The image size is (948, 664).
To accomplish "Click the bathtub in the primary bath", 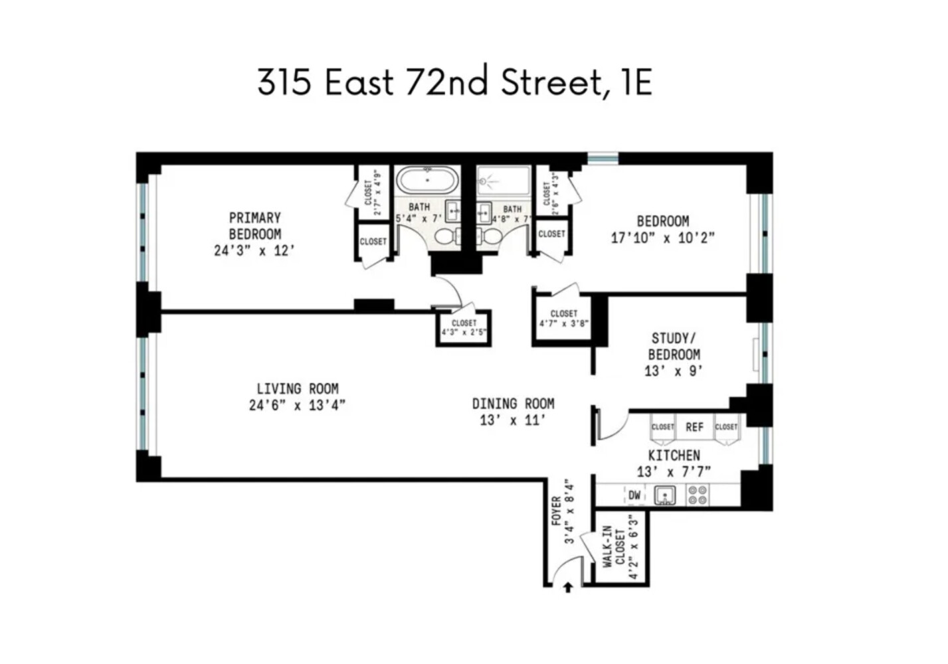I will [427, 180].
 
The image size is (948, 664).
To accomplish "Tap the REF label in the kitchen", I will [694, 427].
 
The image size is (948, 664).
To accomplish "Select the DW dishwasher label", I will [634, 495].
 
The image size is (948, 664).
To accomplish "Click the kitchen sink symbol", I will [665, 495].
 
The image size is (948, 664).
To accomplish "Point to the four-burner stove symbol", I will [697, 495].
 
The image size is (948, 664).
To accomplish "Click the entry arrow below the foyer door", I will [568, 587].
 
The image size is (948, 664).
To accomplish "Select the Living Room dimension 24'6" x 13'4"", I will [297, 405].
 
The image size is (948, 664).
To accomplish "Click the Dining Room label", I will [513, 404].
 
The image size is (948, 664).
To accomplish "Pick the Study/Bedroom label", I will [674, 347].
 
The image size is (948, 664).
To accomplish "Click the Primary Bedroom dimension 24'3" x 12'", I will [254, 251].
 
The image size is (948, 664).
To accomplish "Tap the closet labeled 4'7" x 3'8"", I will [563, 319].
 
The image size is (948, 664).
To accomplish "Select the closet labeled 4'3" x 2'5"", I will [464, 328].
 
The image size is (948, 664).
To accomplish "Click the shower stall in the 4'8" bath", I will [504, 180].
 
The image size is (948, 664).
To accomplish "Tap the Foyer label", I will [557, 511].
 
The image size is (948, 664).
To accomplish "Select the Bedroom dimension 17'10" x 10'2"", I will [662, 238].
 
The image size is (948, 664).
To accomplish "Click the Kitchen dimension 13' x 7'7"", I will [674, 471].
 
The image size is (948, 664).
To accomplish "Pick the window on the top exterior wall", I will [603, 158].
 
